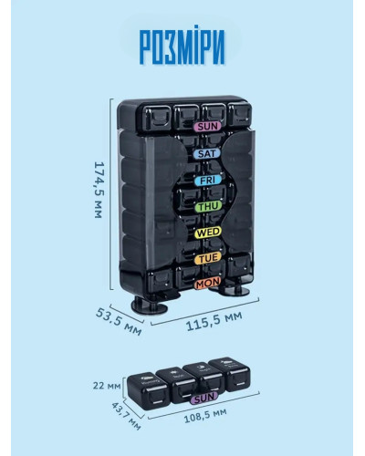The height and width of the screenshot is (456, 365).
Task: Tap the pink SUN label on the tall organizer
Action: point(208,126)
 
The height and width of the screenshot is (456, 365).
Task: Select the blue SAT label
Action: point(207,153)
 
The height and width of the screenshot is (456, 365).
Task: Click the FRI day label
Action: point(208,181)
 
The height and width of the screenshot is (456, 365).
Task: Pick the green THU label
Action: point(208,207)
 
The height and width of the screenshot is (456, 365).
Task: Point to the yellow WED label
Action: point(208,233)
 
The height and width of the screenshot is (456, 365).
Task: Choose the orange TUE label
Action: point(208,258)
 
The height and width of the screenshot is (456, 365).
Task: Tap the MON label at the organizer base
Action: point(207,284)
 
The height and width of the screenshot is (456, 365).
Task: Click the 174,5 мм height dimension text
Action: point(99,190)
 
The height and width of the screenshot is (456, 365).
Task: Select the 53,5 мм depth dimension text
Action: point(119,321)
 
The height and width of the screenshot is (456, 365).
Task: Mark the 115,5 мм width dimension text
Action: point(214,321)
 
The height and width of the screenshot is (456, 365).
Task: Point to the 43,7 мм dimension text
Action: point(126,416)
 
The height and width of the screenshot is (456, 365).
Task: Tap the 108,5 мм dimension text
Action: point(205,416)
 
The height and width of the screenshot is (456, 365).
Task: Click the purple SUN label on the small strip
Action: point(204,398)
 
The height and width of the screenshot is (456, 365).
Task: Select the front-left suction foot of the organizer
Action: point(150,306)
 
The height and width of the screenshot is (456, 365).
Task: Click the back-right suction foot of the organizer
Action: point(234,290)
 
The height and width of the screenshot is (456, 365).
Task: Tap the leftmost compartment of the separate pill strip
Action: point(148,391)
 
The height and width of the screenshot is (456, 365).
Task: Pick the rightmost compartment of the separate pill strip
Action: point(230,374)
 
